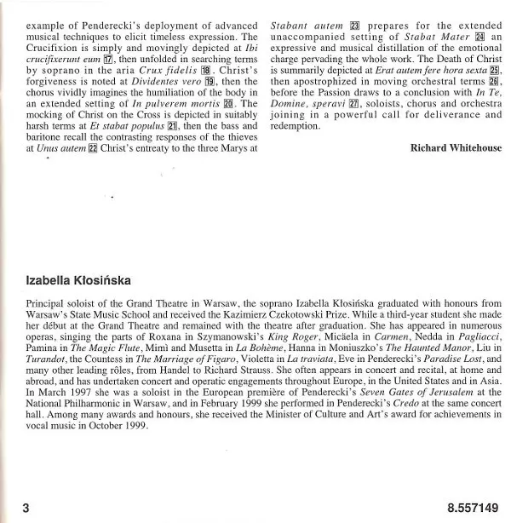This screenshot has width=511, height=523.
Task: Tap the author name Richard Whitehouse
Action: pos(456,147)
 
